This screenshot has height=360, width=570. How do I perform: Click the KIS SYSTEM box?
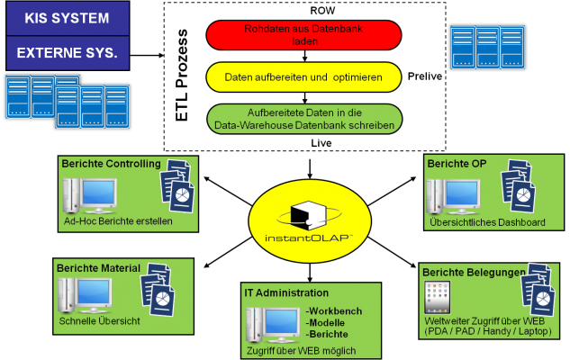pyautogui.click(x=65, y=17)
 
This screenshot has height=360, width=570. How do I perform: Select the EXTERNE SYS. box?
pyautogui.click(x=65, y=52)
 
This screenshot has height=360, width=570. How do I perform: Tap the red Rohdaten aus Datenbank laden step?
pyautogui.click(x=303, y=35)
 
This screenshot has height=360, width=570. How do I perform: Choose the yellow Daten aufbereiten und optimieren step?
pyautogui.click(x=303, y=78)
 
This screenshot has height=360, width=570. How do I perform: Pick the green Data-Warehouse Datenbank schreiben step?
pyautogui.click(x=303, y=119)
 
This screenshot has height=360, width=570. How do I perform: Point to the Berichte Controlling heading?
pyautogui.click(x=111, y=164)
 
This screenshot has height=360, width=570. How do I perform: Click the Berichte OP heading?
pyautogui.click(x=457, y=163)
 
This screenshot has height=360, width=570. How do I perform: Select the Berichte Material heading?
pyautogui.click(x=99, y=267)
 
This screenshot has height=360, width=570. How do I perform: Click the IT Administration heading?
pyautogui.click(x=286, y=292)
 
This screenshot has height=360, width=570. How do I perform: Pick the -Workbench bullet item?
pyautogui.click(x=336, y=310)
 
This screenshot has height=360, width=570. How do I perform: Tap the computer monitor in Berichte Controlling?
pyautogui.click(x=90, y=195)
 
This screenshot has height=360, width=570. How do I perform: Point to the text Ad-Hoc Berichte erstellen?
pyautogui.click(x=118, y=220)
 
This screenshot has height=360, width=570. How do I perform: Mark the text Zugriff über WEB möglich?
pyautogui.click(x=300, y=350)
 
